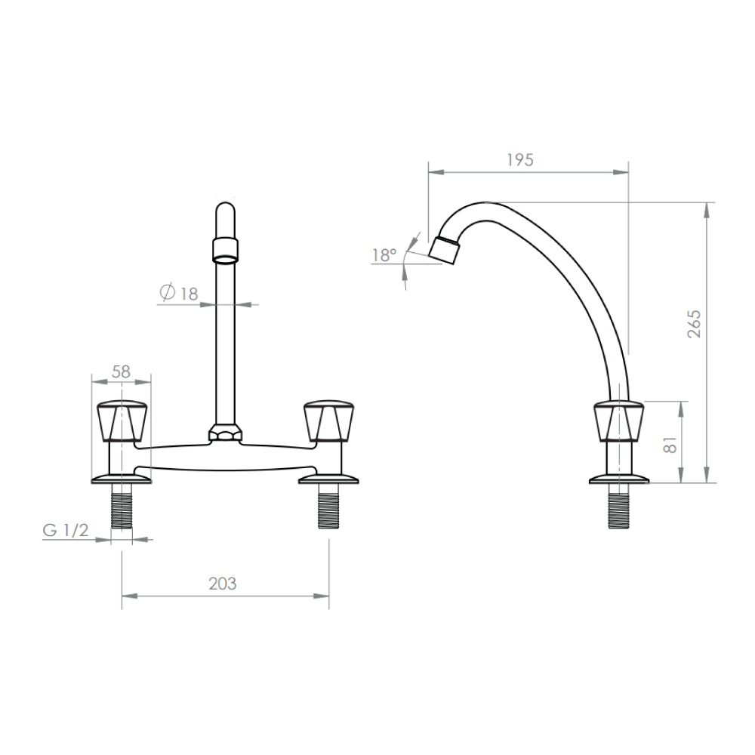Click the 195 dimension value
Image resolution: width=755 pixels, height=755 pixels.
pos(519,159)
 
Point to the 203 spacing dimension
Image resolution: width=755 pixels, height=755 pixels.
pos(223,584)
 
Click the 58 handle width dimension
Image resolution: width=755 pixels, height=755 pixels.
pos(121,371)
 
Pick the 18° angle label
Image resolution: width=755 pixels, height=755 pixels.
pos(384,255)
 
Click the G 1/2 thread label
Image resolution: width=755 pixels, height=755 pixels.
pos(66,530)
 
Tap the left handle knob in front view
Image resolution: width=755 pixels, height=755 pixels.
pos(121,421)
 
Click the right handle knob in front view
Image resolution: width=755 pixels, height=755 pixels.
pos(327,421)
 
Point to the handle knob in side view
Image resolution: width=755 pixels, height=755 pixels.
pos(619,421)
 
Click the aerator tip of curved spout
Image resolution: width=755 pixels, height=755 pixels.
pos(445,250)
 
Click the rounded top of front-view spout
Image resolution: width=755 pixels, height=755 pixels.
pos(226,211)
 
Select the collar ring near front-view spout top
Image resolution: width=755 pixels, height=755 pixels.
pos(226,248)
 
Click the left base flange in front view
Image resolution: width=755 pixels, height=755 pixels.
pos(121,479)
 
